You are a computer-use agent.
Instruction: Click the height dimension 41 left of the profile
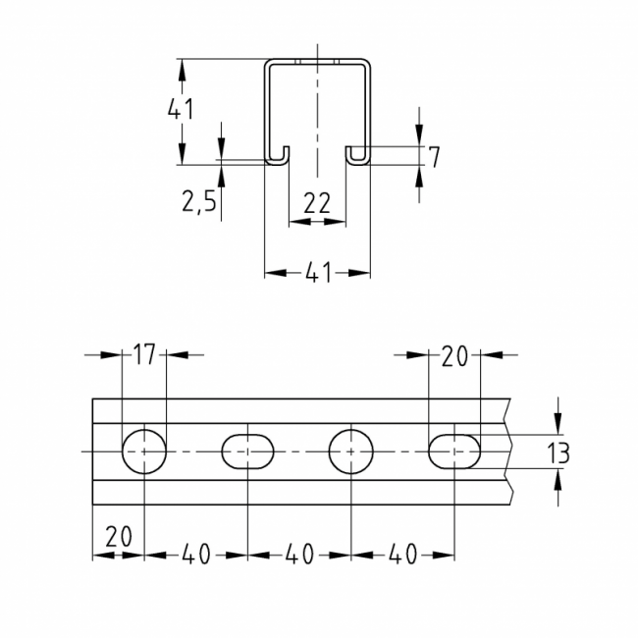tap(179, 110)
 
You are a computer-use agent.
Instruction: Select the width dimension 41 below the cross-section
tap(316, 274)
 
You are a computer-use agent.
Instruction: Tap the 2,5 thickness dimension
tap(198, 202)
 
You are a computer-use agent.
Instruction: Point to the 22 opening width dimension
tap(316, 203)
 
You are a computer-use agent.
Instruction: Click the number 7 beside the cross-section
tap(434, 155)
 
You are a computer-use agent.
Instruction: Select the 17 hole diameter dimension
tap(144, 355)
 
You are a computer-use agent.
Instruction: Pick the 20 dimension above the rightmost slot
tap(454, 355)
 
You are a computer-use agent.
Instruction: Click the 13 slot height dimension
tap(558, 452)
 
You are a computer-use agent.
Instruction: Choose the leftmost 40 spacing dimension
tap(195, 555)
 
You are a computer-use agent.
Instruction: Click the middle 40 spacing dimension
tap(299, 555)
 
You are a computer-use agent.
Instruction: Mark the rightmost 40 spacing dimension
tap(403, 555)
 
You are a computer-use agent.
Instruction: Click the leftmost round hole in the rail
tap(144, 452)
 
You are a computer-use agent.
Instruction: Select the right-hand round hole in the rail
tap(351, 452)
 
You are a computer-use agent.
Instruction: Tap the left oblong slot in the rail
tap(247, 452)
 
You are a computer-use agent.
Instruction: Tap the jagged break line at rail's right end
tap(509, 452)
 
